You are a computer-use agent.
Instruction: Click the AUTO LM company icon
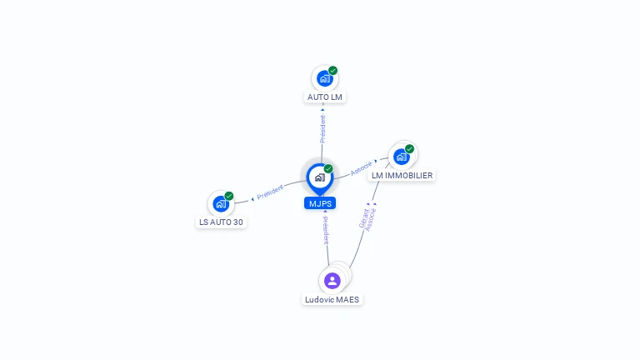tap(324, 78)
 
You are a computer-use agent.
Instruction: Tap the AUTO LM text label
tap(325, 97)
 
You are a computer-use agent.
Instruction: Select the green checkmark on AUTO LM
tap(333, 71)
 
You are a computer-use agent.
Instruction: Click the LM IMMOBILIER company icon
tap(401, 157)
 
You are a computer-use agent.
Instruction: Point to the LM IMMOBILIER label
tap(402, 176)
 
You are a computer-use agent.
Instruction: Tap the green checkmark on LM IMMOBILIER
tap(409, 149)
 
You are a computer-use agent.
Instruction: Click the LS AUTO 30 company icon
tap(221, 203)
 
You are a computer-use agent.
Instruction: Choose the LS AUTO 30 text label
tap(221, 222)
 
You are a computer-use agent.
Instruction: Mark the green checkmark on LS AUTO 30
tap(229, 196)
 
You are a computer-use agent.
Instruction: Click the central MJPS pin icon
tap(320, 178)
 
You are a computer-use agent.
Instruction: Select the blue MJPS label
tap(320, 203)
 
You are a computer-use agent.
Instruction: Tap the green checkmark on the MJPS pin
tap(328, 168)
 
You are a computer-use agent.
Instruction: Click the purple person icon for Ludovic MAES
tap(332, 281)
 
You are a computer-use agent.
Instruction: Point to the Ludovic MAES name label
tap(332, 300)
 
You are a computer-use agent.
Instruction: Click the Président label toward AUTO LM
tap(322, 129)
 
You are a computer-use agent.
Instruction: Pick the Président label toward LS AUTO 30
tap(270, 192)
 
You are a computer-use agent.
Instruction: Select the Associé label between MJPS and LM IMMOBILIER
tap(361, 168)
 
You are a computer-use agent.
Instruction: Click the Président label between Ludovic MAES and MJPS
tap(326, 231)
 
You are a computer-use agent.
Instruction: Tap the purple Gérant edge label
tap(363, 218)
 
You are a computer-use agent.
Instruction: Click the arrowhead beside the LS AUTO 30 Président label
tap(252, 199)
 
